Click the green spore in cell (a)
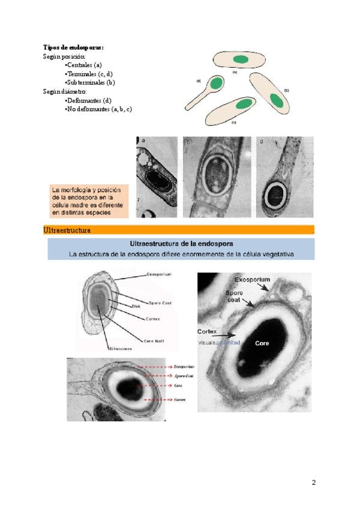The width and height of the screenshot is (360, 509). [x=241, y=58]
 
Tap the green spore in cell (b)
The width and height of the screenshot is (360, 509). [x=277, y=99]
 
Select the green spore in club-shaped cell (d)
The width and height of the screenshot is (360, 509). [x=216, y=82]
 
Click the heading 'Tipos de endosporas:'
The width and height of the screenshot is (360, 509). [x=73, y=47]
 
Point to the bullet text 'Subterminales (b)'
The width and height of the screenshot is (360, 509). [x=91, y=82]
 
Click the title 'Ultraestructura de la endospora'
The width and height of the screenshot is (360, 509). [x=181, y=244]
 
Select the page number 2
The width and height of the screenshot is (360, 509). [x=313, y=483]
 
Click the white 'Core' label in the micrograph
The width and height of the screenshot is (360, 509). [x=262, y=343]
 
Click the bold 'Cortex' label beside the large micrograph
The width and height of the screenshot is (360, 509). [x=207, y=331]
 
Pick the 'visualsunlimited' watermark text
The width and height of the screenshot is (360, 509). [x=219, y=343]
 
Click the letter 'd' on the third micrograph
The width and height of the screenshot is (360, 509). [x=262, y=142]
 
